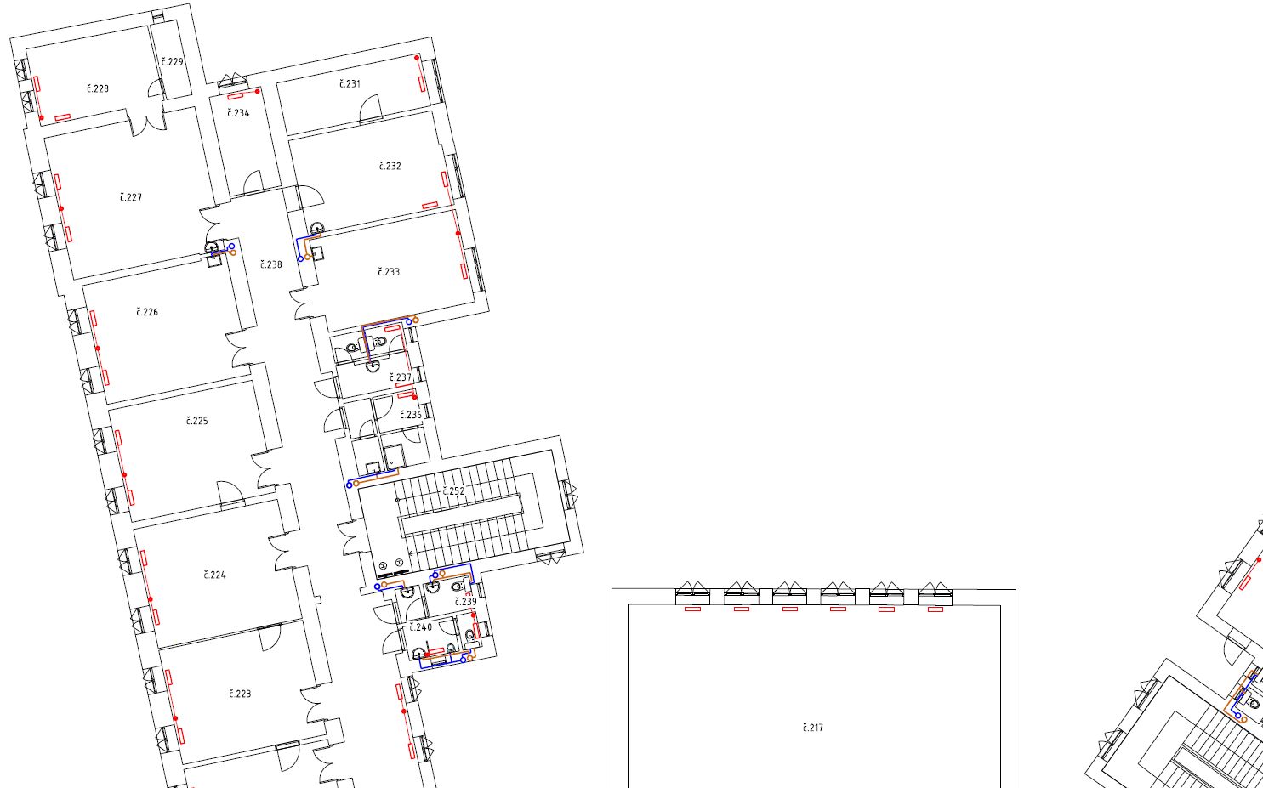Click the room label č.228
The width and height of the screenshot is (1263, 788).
click(98, 88)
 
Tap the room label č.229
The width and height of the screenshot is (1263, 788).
click(172, 61)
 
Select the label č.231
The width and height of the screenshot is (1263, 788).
click(350, 84)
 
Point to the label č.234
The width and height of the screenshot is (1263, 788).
click(238, 113)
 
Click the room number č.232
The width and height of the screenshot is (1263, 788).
click(390, 166)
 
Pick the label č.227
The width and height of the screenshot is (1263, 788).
click(131, 196)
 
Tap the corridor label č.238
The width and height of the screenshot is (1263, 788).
click(270, 264)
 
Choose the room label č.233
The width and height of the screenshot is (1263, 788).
click(389, 272)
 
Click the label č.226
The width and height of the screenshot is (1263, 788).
click(147, 312)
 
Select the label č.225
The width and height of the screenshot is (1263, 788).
click(196, 421)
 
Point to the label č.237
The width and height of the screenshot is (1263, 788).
click(401, 377)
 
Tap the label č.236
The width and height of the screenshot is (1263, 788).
click(411, 415)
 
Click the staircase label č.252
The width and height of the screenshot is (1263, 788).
click(453, 491)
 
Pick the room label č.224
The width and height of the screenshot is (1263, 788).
click(214, 575)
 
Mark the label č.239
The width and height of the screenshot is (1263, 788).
click(466, 602)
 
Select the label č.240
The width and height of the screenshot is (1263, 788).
click(421, 627)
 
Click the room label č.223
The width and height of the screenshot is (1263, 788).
click(240, 694)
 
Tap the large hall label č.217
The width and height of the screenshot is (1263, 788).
click(812, 728)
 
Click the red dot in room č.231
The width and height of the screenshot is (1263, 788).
click(417, 58)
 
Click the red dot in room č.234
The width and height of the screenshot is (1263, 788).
click(258, 91)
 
